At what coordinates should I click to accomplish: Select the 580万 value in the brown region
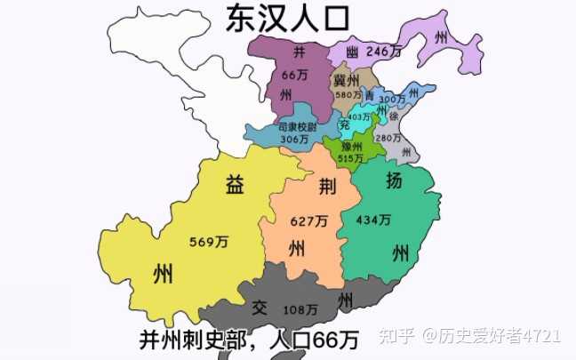[x=348, y=94]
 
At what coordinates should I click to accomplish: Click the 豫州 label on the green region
[x=353, y=147]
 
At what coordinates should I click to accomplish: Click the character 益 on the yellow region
[x=235, y=185]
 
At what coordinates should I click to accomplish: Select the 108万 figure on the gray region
[x=300, y=309]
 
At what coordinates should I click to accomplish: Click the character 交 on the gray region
[x=259, y=308]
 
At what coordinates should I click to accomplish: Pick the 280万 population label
[x=388, y=139]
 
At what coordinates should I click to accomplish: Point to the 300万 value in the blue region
[x=391, y=100]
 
